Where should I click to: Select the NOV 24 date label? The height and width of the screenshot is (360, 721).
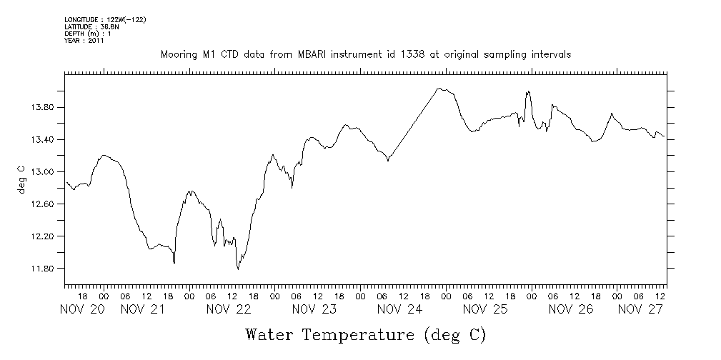[x=400, y=309]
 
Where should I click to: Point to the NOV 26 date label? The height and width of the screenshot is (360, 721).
[x=572, y=309]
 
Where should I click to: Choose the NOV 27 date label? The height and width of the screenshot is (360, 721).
[x=640, y=309]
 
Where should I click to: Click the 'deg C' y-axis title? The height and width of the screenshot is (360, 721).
[x=21, y=181]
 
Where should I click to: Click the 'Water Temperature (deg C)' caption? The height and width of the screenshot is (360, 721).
[x=365, y=334]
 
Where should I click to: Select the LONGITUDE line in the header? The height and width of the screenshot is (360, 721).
[x=105, y=19]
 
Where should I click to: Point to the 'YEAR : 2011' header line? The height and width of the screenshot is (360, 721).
[x=84, y=41]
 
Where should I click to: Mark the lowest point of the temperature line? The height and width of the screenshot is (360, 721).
[x=238, y=269]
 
